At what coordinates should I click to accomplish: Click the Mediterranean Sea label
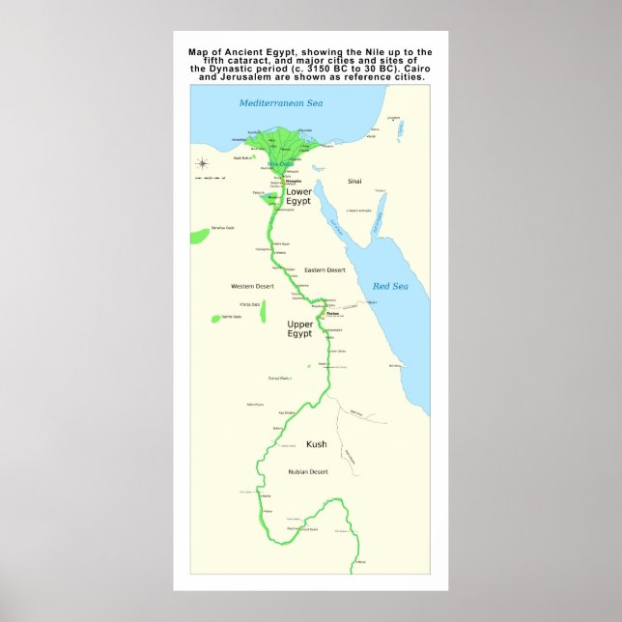tap(280, 102)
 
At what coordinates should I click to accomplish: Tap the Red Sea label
tap(390, 286)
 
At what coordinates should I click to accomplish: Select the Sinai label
tap(355, 181)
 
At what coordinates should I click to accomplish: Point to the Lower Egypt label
tap(298, 196)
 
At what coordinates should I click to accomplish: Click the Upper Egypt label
tap(299, 328)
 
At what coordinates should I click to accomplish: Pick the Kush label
tap(316, 444)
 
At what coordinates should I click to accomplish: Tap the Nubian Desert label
tap(308, 471)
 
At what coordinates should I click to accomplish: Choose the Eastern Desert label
tap(324, 269)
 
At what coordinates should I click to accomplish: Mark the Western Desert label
tap(252, 286)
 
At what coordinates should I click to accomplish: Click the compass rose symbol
tap(202, 163)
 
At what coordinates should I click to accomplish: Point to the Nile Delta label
tap(278, 163)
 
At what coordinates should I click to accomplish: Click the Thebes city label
tap(333, 313)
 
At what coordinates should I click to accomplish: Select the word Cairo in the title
tap(406, 69)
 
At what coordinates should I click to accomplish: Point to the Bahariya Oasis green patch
tap(199, 235)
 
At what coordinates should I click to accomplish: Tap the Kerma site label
tap(266, 495)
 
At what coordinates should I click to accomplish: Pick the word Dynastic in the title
tap(236, 69)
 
